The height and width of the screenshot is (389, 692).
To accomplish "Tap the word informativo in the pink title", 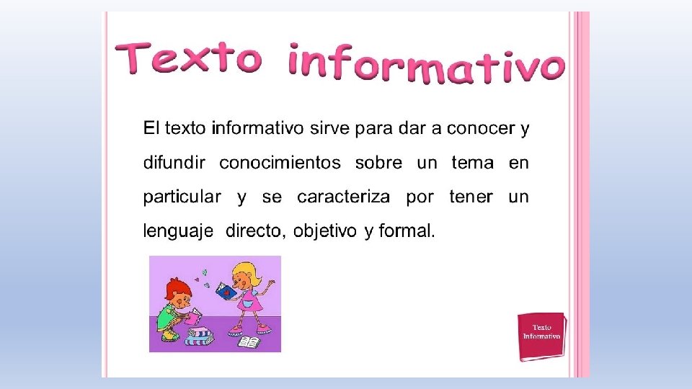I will (425, 63).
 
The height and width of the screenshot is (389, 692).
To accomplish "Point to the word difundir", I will (174, 163).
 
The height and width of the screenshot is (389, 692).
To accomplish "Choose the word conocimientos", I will (280, 163).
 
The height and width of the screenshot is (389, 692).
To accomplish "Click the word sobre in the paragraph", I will (378, 163).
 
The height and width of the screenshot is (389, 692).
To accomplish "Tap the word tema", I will (472, 163).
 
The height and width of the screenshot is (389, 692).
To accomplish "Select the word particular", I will (182, 197).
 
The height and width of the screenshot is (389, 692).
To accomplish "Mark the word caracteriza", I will (344, 197).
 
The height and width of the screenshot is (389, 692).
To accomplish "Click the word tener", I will (471, 197).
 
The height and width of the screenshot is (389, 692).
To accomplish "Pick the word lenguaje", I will (178, 231).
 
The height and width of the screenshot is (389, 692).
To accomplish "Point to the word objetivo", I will (324, 231).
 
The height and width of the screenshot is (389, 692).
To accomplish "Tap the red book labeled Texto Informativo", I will (541, 336).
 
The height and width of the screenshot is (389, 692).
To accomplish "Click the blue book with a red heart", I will (226, 291).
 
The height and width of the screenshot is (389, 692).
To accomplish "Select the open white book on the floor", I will (249, 342).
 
